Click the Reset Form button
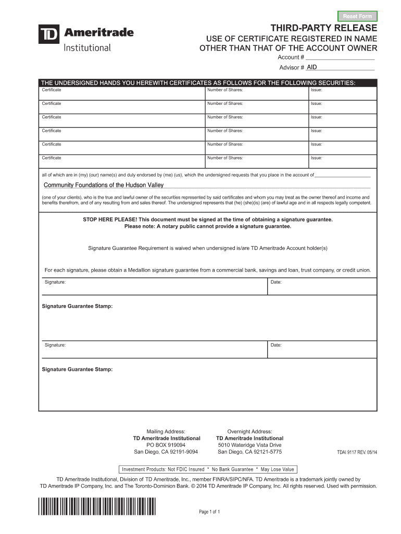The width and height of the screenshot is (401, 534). click(357, 16)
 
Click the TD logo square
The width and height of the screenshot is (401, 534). click(49, 34)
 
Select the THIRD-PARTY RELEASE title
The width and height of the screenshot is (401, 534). click(323, 28)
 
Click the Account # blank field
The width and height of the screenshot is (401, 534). click(340, 57)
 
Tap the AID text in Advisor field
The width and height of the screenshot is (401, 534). click(312, 67)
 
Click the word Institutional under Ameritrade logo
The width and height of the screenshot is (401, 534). click(87, 48)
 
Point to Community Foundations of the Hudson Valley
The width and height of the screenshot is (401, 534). click(104, 185)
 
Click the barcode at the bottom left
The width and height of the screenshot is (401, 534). click(97, 507)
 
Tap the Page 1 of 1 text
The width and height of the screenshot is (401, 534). click(210, 512)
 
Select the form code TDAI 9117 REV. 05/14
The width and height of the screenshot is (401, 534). click(357, 452)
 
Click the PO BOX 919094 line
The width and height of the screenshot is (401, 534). click(166, 445)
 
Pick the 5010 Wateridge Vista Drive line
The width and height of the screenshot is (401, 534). click(249, 445)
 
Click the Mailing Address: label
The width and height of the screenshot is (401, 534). click(166, 431)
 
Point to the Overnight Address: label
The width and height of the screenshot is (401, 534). click(249, 431)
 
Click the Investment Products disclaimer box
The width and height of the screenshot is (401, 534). click(208, 469)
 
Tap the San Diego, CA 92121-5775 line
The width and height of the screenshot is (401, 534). click(249, 452)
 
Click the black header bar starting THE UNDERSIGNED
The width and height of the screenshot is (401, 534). click(208, 83)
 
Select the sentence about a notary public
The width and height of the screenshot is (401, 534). click(208, 226)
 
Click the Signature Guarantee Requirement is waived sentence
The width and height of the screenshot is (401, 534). click(208, 248)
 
